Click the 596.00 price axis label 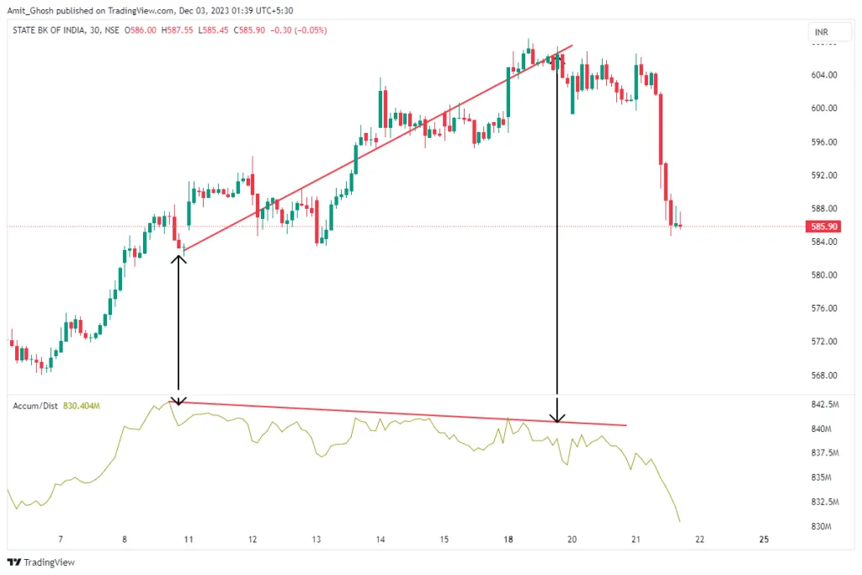point(822,141)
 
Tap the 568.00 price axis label point(822,375)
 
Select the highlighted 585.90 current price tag point(822,226)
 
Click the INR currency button point(821,32)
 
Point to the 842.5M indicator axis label point(823,405)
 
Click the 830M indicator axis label point(820,527)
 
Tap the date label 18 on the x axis point(508,540)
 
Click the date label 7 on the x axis point(60,540)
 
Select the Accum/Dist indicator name point(35,407)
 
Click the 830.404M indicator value point(82,407)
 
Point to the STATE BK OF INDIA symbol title point(50,30)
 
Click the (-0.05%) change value point(311,30)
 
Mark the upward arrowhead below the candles point(178,259)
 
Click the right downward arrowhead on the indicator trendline point(556,417)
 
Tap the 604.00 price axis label point(822,75)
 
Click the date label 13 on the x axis point(317,540)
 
